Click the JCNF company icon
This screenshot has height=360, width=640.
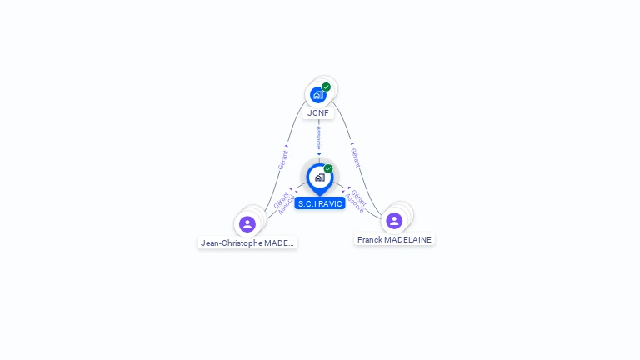[x=317, y=95]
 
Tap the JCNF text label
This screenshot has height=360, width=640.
[x=318, y=112]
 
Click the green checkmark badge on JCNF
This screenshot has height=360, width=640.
[x=326, y=87]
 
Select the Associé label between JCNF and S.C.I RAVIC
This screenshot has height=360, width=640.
[x=318, y=137]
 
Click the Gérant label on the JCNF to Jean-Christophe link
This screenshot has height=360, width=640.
[x=283, y=159]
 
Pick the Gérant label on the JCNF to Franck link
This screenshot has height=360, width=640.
[x=355, y=157]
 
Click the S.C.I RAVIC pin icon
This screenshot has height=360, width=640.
[x=319, y=177]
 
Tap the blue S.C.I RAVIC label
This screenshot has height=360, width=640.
[x=319, y=203]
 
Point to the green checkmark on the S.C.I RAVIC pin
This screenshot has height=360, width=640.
[x=328, y=168]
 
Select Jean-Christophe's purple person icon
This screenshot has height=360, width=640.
[x=247, y=223]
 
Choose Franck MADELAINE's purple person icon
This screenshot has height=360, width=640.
[x=394, y=220]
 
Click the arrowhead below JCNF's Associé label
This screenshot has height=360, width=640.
[x=318, y=154]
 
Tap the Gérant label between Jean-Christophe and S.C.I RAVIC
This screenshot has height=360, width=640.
[x=280, y=199]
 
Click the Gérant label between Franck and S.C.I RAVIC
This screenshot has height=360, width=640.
[x=359, y=197]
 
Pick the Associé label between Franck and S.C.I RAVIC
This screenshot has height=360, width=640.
[x=354, y=204]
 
